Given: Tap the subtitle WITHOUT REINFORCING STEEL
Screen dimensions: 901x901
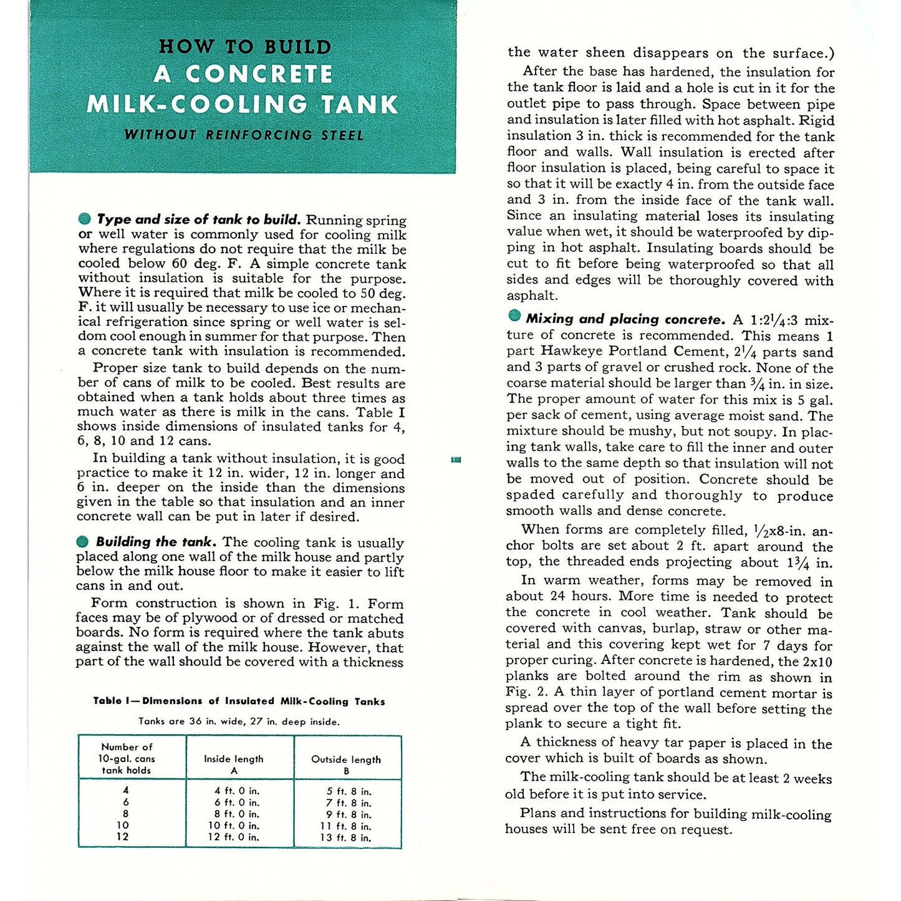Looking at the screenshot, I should click(243, 135).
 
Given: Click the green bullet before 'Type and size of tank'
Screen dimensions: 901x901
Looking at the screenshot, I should click(84, 219).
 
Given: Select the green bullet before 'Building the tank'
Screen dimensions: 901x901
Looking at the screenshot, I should click(83, 541).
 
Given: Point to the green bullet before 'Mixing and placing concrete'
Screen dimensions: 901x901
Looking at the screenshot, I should click(514, 317).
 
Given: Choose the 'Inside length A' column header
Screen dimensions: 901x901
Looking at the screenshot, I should click(234, 764).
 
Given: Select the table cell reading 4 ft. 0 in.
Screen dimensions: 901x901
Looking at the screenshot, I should click(236, 791).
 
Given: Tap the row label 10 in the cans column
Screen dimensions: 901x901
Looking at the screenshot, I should click(123, 826).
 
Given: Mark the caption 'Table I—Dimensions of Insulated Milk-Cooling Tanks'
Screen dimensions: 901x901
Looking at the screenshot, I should click(239, 701).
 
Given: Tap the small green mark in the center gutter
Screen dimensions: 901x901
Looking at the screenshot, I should click(456, 460).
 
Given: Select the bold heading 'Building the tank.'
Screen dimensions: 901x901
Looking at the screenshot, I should click(156, 542).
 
